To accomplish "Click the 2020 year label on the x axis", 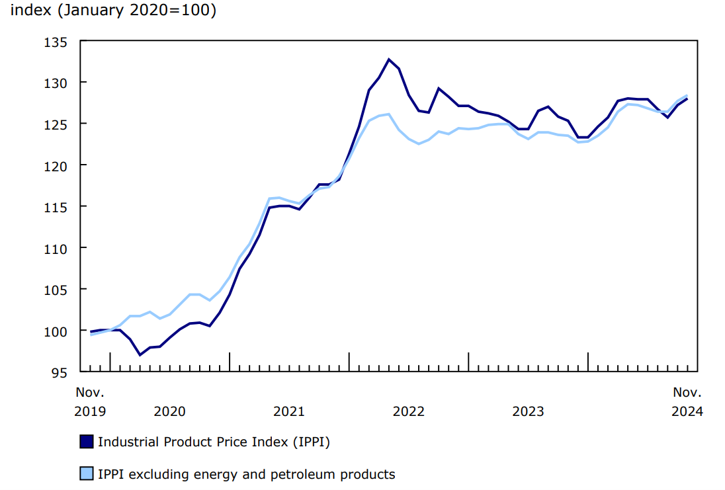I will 169,411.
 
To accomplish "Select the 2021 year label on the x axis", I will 289,411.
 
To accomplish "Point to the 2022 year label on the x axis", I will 409,411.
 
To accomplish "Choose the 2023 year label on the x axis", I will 528,411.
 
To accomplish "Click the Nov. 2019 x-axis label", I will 90,402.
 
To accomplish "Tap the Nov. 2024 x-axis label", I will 687,402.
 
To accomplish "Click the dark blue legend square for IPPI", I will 86,442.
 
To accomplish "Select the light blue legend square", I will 86,473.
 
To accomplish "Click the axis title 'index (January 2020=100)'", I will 113,11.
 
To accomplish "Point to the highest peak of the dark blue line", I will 389,60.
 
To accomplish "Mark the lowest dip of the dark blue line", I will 140,354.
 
